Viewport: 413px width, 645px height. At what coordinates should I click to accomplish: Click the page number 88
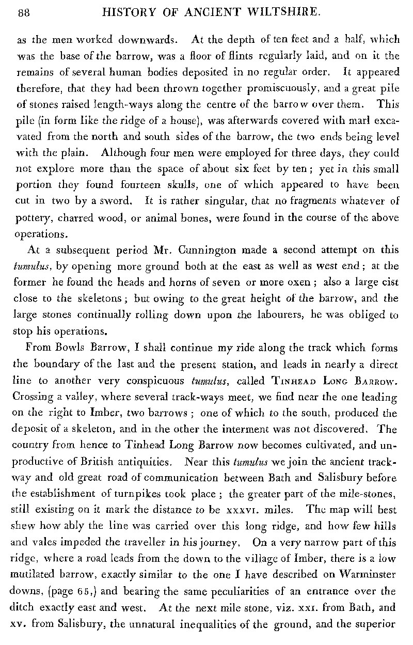24,14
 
